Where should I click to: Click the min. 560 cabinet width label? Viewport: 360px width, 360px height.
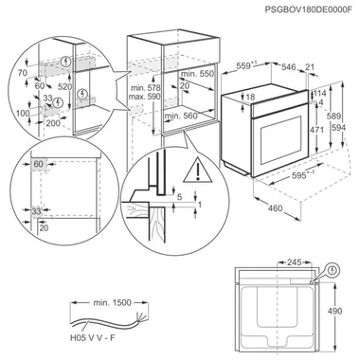(183, 116)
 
